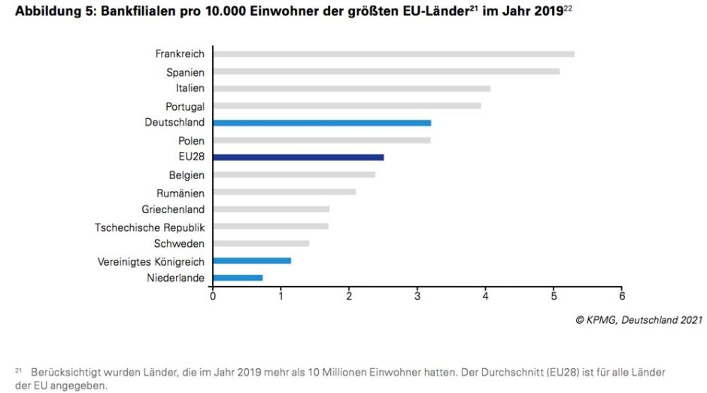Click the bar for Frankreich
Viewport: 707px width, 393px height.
(x=393, y=54)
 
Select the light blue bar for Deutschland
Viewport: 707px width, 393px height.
(x=322, y=123)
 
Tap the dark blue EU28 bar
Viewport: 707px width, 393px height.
(x=299, y=157)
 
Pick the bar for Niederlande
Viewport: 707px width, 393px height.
(x=238, y=278)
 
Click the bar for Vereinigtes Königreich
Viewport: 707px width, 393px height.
(x=252, y=260)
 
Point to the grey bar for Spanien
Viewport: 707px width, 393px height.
(x=386, y=72)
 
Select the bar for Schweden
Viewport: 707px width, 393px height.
(x=261, y=243)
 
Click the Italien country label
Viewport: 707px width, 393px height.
(x=185, y=89)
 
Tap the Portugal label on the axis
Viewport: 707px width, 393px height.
(x=185, y=106)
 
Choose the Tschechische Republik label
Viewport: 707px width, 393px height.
(x=150, y=227)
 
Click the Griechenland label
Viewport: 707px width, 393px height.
(x=173, y=209)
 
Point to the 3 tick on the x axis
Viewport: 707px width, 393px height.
(x=417, y=296)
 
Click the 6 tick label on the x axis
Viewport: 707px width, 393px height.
(x=622, y=296)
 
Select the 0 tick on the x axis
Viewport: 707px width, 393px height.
(x=213, y=296)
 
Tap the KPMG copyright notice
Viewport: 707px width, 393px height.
(x=639, y=320)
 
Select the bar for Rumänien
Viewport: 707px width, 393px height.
(x=284, y=192)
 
